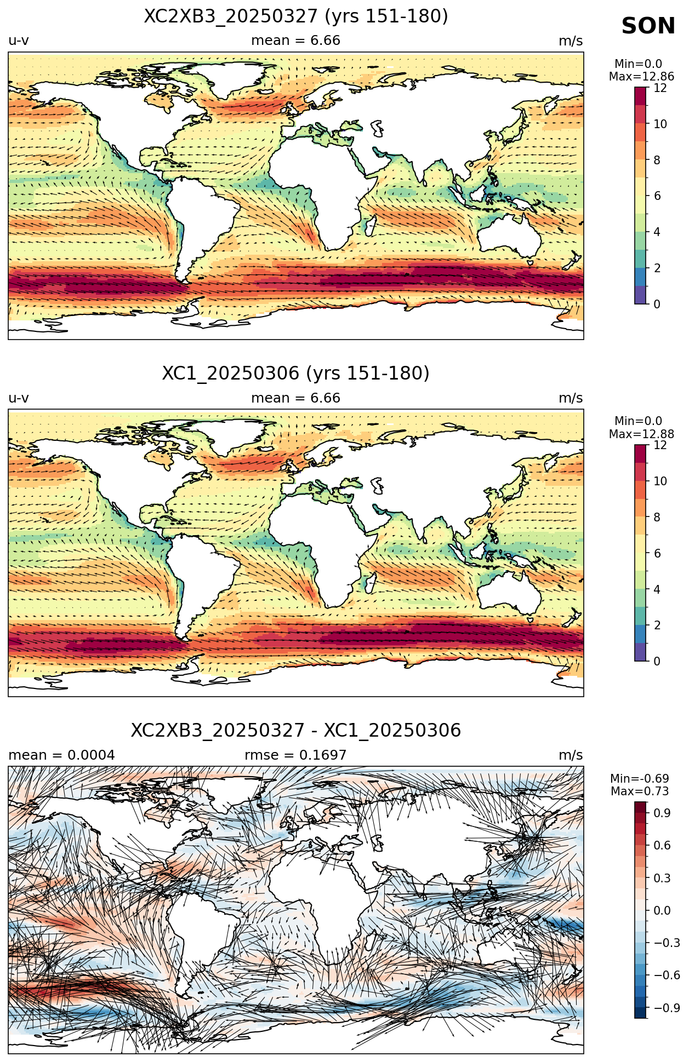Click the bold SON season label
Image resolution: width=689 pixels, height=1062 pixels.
click(x=648, y=26)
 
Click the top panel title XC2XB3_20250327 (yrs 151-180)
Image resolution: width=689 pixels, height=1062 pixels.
click(x=296, y=16)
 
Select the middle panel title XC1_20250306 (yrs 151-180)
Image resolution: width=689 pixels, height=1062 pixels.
click(x=296, y=374)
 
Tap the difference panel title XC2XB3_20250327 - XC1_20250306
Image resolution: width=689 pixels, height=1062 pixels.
click(x=296, y=731)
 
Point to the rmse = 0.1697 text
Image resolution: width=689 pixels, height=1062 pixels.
click(x=295, y=755)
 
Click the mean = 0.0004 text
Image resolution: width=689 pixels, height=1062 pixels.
click(x=61, y=755)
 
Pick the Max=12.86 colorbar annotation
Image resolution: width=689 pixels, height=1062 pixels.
click(x=641, y=77)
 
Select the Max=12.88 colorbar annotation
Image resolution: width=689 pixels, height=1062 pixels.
click(x=641, y=434)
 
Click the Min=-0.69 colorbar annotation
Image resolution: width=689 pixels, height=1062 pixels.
click(x=640, y=778)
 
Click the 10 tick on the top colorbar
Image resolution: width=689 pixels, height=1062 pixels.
click(x=660, y=124)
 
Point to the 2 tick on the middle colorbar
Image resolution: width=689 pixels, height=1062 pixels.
click(x=657, y=625)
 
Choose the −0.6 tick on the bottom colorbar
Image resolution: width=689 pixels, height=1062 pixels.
click(x=667, y=975)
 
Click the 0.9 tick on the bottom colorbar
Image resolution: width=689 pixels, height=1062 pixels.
click(x=662, y=813)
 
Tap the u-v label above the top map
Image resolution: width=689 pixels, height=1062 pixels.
click(x=19, y=41)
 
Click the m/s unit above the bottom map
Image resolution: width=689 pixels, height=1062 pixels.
click(x=571, y=755)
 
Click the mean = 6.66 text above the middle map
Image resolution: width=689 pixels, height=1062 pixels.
click(x=295, y=398)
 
